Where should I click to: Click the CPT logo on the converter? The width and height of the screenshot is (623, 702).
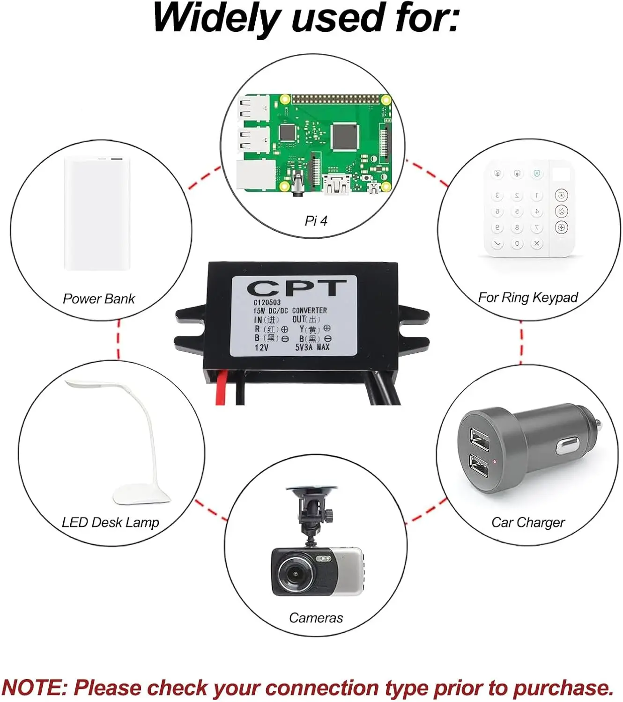[x=296, y=288]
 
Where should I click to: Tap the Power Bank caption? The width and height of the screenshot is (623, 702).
[x=99, y=299]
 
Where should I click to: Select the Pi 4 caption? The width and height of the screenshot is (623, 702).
[x=316, y=220]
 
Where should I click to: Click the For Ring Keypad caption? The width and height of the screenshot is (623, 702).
[x=528, y=297]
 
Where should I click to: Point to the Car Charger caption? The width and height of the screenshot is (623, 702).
[x=528, y=522]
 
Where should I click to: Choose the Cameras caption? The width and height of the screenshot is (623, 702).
[x=316, y=618]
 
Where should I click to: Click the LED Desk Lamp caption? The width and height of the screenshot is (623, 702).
[x=111, y=522]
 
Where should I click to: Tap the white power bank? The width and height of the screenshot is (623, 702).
[x=97, y=213]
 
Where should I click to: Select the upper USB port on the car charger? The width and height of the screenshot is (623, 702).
[x=479, y=440]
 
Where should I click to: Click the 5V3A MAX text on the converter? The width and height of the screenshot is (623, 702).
[x=312, y=347]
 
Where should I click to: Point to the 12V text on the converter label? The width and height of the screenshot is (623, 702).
[x=261, y=347]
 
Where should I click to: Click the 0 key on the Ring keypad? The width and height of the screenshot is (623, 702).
[x=517, y=243]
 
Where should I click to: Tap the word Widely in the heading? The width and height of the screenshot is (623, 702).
[x=216, y=19]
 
